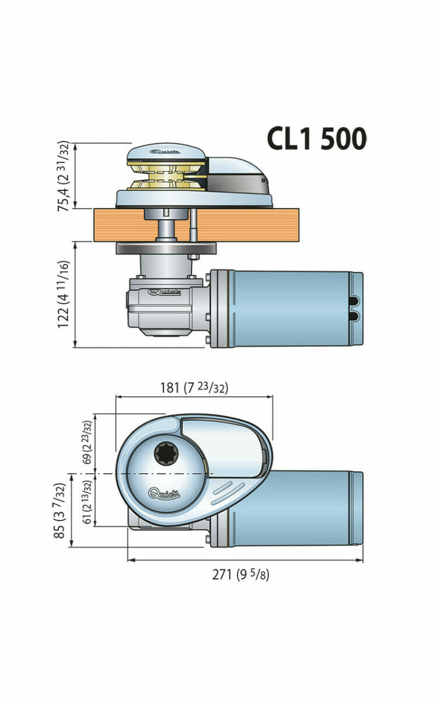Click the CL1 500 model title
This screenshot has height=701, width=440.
pyautogui.click(x=317, y=139)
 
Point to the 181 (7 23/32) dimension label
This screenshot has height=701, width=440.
pyautogui.click(x=194, y=387)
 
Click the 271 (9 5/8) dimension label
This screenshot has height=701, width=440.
pyautogui.click(x=240, y=574)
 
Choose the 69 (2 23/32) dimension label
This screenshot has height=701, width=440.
pyautogui.click(x=87, y=442)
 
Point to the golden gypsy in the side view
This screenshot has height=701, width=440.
pyautogui.click(x=166, y=176)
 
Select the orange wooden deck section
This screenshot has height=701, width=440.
pyautogui.click(x=245, y=225)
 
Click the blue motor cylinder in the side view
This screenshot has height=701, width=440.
pyautogui.click(x=286, y=308)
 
